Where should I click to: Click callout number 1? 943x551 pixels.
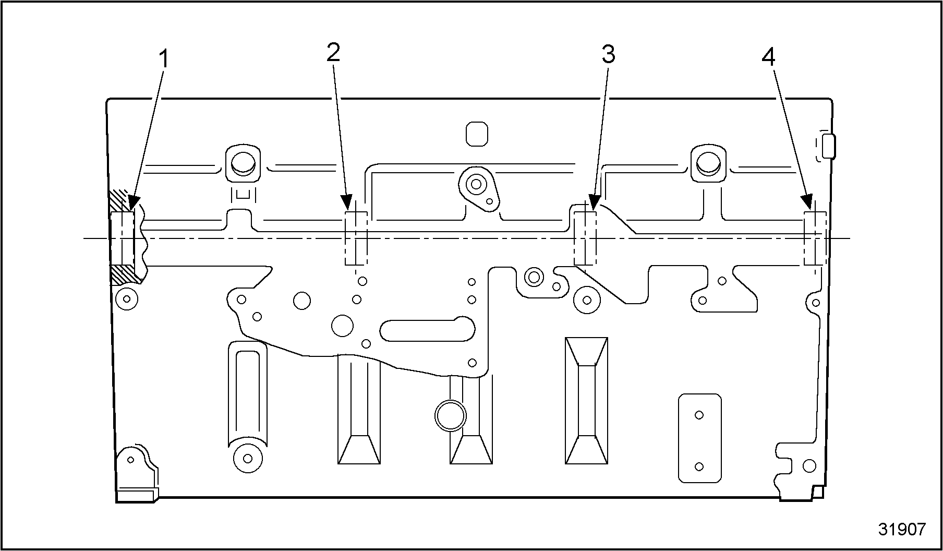(x=164, y=59)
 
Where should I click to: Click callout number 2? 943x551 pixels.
(x=333, y=52)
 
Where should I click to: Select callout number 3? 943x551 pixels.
(x=608, y=54)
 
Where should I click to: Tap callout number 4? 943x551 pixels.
(x=768, y=56)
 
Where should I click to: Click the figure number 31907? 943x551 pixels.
(x=902, y=529)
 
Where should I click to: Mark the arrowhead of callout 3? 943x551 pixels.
(x=593, y=204)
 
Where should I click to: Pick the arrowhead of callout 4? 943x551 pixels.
(x=807, y=203)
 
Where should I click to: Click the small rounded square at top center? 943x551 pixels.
(x=477, y=134)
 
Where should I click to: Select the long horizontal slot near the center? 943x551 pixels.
(x=428, y=330)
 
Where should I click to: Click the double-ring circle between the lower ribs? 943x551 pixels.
(x=450, y=416)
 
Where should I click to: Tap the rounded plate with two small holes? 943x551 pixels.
(x=699, y=438)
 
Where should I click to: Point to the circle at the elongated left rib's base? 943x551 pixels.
(x=248, y=458)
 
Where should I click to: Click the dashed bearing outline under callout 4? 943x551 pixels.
(x=814, y=238)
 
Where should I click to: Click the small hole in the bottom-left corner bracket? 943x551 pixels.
(x=130, y=459)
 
